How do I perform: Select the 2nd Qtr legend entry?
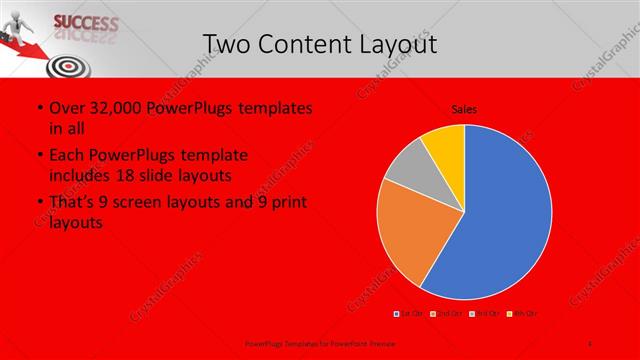pos(447,314)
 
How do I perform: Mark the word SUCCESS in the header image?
pos(84,22)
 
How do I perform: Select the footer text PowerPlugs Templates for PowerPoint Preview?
pos(315,343)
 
